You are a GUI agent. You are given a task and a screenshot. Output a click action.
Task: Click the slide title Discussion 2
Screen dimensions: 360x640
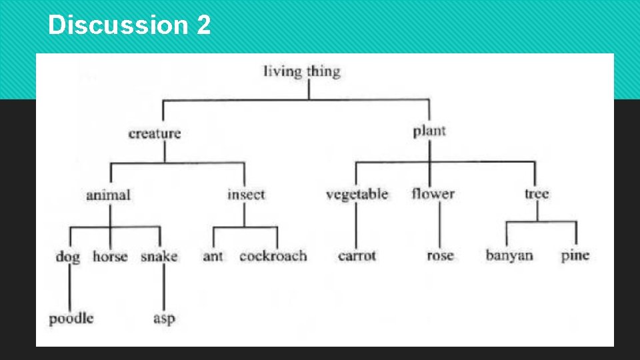pos(129,25)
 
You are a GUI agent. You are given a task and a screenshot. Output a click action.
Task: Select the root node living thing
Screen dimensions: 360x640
pos(302,71)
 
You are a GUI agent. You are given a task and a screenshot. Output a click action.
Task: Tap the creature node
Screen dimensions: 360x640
pos(155,133)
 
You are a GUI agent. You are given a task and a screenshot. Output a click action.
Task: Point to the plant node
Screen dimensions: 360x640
pos(429,131)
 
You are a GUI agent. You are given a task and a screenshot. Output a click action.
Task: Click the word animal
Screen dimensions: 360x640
pos(108,195)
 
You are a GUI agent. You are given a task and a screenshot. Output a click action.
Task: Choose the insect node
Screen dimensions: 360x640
pos(246,195)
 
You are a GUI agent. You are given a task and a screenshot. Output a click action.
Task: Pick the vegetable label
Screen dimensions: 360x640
pos(357,195)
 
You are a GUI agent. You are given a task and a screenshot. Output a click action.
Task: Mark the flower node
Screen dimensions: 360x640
pos(433,194)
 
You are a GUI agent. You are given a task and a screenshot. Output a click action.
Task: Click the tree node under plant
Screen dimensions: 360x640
pos(537,194)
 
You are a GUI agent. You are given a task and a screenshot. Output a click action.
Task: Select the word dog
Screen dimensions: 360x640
pos(68,257)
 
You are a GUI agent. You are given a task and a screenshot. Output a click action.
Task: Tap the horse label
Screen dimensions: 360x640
pos(110,256)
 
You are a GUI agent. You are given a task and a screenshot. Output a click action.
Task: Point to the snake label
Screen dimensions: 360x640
pos(159,256)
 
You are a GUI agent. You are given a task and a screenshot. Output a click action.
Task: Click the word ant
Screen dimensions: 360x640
pos(213,256)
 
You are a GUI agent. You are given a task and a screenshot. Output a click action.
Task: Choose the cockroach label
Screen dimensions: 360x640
pos(273,256)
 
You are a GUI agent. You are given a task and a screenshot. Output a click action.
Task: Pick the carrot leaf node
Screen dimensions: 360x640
pos(357,256)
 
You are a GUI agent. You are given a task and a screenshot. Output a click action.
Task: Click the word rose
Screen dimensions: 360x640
pos(440,256)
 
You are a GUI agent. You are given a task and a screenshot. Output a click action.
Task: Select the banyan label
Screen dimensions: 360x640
pos(509,255)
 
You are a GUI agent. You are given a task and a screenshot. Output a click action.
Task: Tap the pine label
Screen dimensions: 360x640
pos(575,255)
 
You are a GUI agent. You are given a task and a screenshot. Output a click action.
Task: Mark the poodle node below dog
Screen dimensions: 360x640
pos(71,318)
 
